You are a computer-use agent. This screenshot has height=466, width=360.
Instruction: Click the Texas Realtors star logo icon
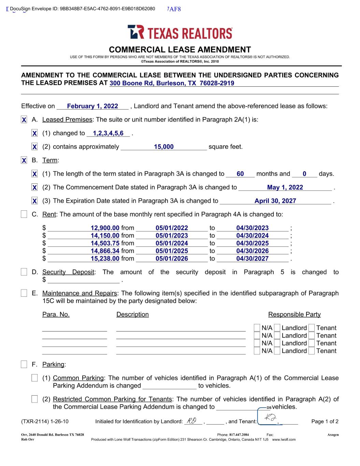point(135,32)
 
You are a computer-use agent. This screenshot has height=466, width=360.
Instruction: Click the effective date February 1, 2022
point(92,106)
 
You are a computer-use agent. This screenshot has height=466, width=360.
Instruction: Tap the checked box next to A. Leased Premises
point(24,120)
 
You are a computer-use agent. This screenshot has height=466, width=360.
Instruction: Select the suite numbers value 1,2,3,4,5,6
point(108,133)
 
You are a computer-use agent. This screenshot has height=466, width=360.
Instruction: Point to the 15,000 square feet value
point(164,147)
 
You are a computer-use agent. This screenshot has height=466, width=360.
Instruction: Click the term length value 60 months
point(240,174)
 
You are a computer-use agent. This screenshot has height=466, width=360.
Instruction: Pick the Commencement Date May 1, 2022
point(285,187)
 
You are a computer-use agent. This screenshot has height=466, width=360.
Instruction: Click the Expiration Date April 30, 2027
point(275,201)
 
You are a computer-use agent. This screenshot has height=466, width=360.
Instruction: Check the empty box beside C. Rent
point(24,214)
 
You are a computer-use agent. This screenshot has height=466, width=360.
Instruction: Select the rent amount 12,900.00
point(105,228)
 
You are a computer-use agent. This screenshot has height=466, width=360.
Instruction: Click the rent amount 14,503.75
point(105,243)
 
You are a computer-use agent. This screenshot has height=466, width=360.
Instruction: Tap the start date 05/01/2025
point(172,251)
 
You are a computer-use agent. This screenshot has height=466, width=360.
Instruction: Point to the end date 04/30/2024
point(252,236)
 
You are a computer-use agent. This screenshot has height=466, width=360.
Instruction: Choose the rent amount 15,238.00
point(105,259)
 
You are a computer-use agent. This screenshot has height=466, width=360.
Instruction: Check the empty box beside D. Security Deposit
point(24,272)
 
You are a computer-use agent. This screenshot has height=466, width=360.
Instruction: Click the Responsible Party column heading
point(294,314)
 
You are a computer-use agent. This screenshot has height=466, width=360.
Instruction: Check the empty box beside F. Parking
point(24,365)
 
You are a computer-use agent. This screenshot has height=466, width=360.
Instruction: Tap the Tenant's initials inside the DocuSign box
point(269,418)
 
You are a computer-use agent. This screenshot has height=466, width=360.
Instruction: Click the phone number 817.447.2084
point(239,435)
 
